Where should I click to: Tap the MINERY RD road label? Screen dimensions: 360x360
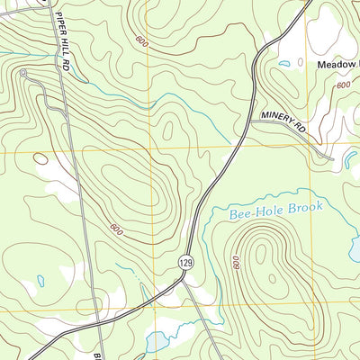[x=285, y=124]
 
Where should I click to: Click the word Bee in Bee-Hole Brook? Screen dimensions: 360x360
[x=239, y=213]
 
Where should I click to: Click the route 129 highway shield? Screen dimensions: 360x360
[x=185, y=262]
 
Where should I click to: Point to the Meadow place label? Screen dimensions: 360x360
[x=337, y=65]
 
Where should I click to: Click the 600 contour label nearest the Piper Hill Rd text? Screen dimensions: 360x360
[x=141, y=40]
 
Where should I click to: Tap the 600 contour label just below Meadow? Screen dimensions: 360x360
[x=343, y=85]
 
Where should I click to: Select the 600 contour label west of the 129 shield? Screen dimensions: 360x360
[x=115, y=229]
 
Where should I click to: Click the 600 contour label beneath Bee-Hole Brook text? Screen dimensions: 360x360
[x=235, y=262]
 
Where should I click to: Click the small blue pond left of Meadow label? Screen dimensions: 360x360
[x=284, y=63]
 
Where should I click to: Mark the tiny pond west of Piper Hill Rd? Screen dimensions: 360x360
[x=41, y=280]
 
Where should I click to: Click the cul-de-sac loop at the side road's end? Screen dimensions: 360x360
[x=22, y=72]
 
